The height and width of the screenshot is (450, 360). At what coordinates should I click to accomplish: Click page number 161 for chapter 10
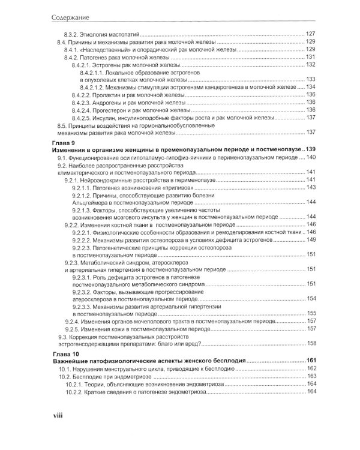(x=310, y=361)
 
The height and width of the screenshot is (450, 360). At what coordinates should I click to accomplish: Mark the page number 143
(x=311, y=187)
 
